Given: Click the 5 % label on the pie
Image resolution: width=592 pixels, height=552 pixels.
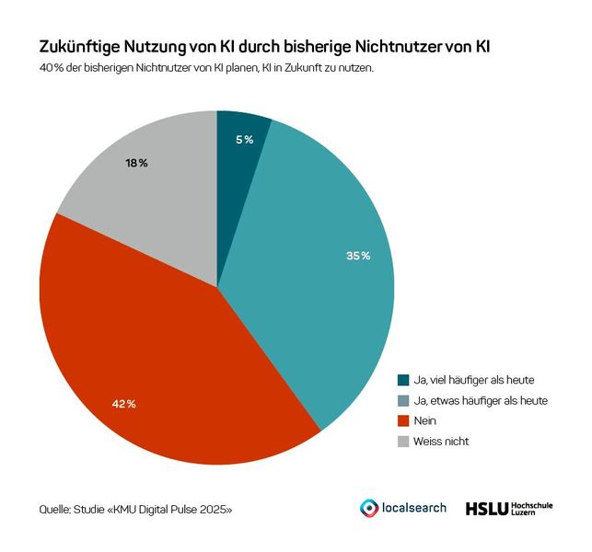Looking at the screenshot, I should pyautogui.click(x=244, y=139).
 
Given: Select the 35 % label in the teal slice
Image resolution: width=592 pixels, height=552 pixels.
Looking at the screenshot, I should pyautogui.click(x=358, y=255).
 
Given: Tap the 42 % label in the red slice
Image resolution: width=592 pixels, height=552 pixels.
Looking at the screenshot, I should pyautogui.click(x=124, y=404).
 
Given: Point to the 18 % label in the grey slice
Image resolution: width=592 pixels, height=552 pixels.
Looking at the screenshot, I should pyautogui.click(x=136, y=163).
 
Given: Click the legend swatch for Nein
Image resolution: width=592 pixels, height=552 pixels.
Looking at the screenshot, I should pyautogui.click(x=403, y=420).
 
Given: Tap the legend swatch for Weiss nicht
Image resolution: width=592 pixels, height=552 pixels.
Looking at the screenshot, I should pyautogui.click(x=403, y=441).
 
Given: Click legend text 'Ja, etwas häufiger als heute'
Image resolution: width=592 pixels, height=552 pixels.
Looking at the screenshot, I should pyautogui.click(x=480, y=400).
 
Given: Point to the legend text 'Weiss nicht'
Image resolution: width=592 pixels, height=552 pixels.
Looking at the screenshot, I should pyautogui.click(x=441, y=441).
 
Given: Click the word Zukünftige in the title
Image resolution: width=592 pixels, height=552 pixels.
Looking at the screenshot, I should pyautogui.click(x=81, y=46).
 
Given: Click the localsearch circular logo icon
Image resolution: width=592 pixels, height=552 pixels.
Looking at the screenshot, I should pyautogui.click(x=368, y=508).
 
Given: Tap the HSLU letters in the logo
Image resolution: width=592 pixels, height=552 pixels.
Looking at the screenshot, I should pyautogui.click(x=485, y=508).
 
